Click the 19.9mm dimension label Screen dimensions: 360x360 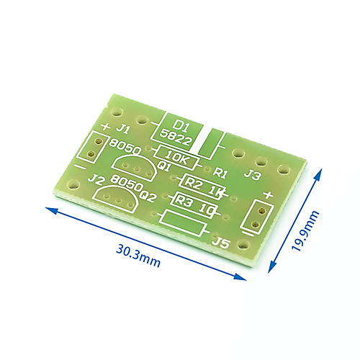coord(305,230)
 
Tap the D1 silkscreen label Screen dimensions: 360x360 coord(181,125)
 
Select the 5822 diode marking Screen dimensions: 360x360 coord(176,138)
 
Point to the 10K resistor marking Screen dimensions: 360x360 coord(176,158)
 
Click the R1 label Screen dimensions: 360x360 coord(220,172)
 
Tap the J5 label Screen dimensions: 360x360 coord(221,242)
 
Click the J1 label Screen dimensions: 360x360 coord(123,129)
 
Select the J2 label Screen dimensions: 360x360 coord(96,179)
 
